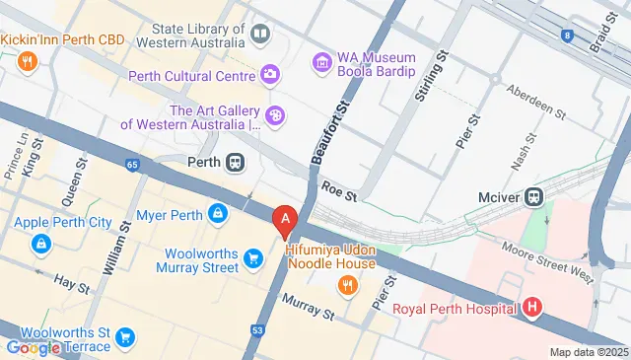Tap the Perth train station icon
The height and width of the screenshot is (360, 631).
(x=236, y=163)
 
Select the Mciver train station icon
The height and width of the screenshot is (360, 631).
(x=534, y=195)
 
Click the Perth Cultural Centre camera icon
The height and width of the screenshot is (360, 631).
(x=270, y=75)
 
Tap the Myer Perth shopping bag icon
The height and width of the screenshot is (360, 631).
(x=217, y=213)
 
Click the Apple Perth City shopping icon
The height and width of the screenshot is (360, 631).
(x=40, y=243)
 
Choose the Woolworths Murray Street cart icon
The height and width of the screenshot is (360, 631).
(x=253, y=260)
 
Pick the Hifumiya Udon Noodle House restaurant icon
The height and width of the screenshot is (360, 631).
(x=346, y=286)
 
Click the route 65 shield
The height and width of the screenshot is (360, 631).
(x=133, y=164)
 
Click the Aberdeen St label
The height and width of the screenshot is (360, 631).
(x=535, y=102)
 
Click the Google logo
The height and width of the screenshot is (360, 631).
(x=33, y=347)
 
